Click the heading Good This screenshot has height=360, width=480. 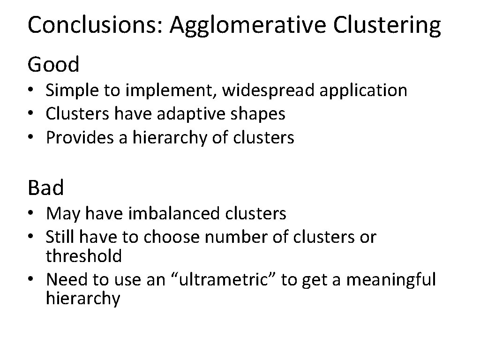tap(53, 64)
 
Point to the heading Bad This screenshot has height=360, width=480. tap(45, 187)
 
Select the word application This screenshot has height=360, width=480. tap(364, 90)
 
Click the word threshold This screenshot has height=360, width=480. tap(83, 256)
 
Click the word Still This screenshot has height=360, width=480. tap(60, 237)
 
